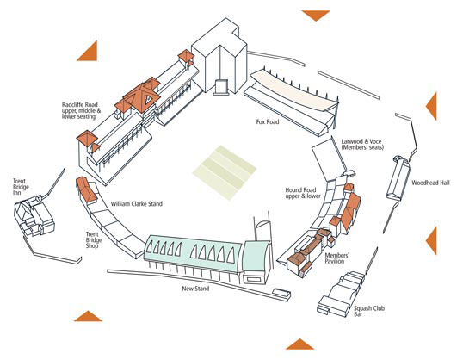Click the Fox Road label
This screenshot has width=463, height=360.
tap(268, 121)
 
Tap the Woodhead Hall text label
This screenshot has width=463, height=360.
tap(430, 183)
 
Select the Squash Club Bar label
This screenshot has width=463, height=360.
tap(369, 311)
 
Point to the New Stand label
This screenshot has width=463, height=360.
tap(195, 289)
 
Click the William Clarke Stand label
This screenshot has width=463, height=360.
tap(137, 203)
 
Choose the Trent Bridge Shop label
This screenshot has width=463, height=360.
tap(94, 240)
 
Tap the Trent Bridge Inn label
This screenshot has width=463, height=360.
tap(21, 187)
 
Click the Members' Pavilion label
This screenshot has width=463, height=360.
tap(337, 258)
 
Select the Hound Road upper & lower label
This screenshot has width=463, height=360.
tap(303, 193)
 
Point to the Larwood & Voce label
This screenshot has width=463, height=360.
tap(362, 144)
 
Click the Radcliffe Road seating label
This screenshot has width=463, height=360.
tap(81, 110)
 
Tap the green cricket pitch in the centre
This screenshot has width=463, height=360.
tap(225, 172)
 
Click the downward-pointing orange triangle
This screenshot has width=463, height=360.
tap(316, 15)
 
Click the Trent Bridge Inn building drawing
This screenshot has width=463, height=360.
tap(34, 216)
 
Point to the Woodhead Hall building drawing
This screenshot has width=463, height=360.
tap(398, 178)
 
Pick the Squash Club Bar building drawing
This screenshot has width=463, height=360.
tap(341, 294)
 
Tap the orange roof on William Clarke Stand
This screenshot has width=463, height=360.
tap(87, 189)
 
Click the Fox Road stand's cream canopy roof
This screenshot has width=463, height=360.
tap(294, 90)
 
